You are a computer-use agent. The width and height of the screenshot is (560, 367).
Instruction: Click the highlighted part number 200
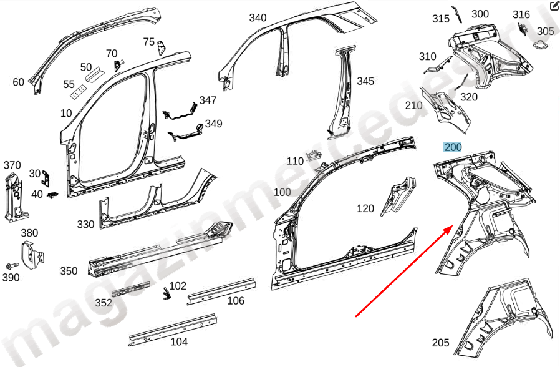click(452, 147)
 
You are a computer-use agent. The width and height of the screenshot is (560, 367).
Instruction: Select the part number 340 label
click(258, 17)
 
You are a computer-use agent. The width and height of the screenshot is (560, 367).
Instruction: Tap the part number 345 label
click(365, 81)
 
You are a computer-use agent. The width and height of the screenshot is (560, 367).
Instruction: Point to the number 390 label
click(11, 277)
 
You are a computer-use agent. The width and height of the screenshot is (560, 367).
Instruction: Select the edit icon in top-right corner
click(554, 6)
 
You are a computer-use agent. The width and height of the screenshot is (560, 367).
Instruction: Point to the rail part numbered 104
click(175, 328)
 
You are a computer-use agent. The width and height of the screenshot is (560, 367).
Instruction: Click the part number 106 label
click(235, 301)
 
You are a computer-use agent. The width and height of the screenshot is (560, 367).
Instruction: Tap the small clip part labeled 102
click(167, 293)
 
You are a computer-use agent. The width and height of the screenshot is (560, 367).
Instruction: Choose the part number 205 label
click(440, 343)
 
